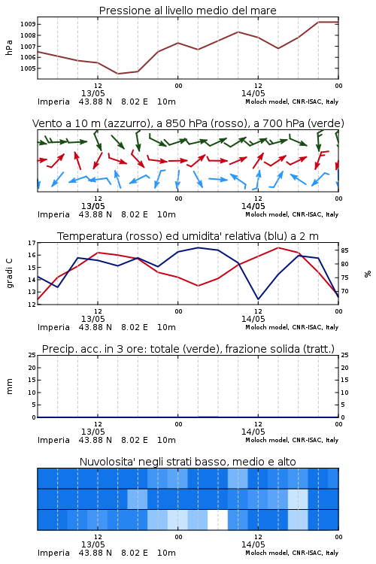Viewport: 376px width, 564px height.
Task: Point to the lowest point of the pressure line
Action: pos(118,74)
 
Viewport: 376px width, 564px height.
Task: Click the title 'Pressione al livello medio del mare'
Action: pos(188,11)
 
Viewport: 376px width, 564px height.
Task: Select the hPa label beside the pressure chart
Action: pos(9,47)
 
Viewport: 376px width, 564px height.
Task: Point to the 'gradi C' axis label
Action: pos(10,273)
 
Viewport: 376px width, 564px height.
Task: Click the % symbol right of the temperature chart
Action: pos(368,274)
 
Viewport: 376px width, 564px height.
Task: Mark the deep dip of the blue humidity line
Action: pos(258,299)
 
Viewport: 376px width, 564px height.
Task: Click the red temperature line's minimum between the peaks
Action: pos(198,286)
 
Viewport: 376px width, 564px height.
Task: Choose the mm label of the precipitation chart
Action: pos(10,387)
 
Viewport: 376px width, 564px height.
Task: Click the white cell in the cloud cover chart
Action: pos(217,520)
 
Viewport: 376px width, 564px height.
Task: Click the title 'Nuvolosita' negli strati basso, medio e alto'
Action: pos(188,462)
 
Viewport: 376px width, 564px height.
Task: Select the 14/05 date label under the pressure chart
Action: pos(253,93)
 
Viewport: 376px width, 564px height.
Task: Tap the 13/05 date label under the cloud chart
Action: pos(92,544)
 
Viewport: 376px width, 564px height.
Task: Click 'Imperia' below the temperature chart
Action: pos(53,327)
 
